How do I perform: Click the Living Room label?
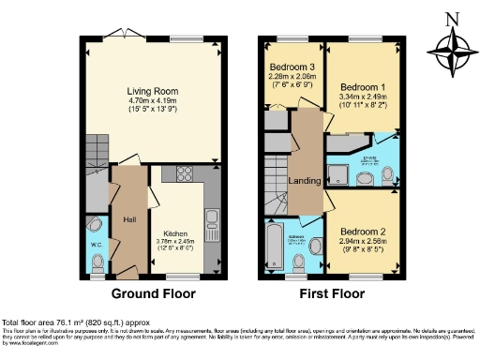(153, 91)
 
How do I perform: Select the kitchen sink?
(211, 220)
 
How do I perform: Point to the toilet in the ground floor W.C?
(95, 226)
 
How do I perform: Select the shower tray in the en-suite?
(337, 172)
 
